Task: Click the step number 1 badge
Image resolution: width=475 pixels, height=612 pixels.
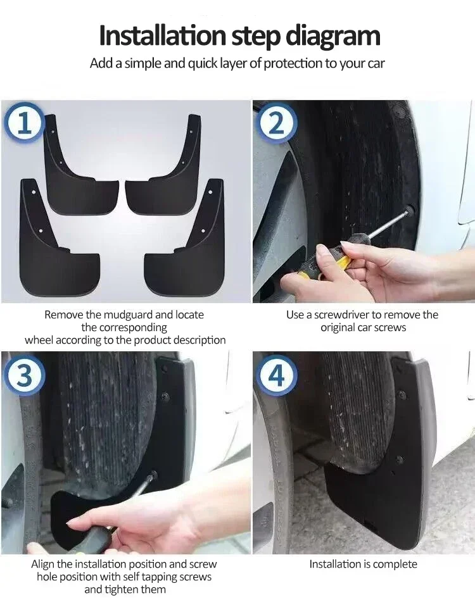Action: [24, 123]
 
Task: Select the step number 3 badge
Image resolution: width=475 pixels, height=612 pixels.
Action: [24, 376]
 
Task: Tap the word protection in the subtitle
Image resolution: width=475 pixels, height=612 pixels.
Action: [293, 63]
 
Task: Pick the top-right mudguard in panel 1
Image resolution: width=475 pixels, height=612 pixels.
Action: [168, 171]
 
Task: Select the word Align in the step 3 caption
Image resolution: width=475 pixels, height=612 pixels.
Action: [44, 564]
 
